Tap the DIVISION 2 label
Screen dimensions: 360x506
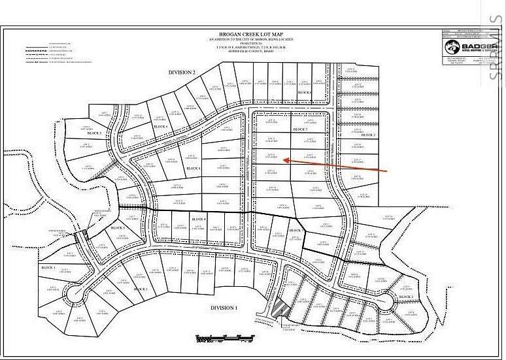182,73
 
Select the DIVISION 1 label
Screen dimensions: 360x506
224,307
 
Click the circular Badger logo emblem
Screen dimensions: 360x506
452,47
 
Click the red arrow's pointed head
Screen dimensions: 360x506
285,160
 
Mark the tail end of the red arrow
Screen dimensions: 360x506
388,171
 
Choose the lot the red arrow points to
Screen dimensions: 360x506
271,156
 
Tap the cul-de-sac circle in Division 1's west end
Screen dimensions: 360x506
72,297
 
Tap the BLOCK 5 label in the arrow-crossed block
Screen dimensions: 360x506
300,130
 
